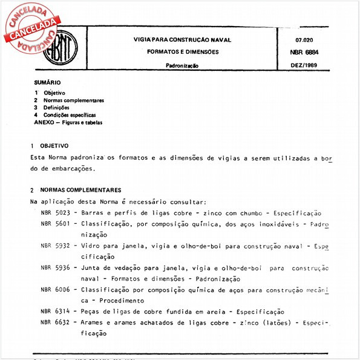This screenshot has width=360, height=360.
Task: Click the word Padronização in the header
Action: (182, 65)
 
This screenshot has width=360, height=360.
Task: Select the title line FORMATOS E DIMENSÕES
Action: (183, 52)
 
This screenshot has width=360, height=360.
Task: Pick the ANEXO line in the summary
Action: (68, 122)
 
